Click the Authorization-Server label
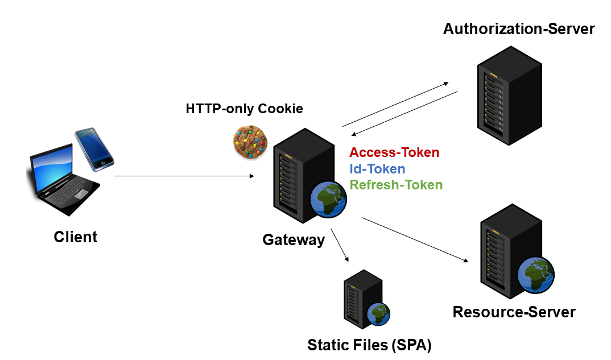[519, 29]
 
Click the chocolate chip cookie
[250, 141]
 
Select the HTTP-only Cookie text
[244, 109]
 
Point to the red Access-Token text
[394, 152]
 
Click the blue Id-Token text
[377, 169]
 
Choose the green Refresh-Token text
[396, 185]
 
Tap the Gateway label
[294, 240]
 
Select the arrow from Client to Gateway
[184, 176]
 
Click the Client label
[76, 237]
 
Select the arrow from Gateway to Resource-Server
[415, 239]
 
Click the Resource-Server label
[514, 312]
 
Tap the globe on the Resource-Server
[535, 275]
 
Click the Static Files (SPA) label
[369, 345]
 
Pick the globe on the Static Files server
[378, 313]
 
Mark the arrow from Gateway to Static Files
[340, 245]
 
